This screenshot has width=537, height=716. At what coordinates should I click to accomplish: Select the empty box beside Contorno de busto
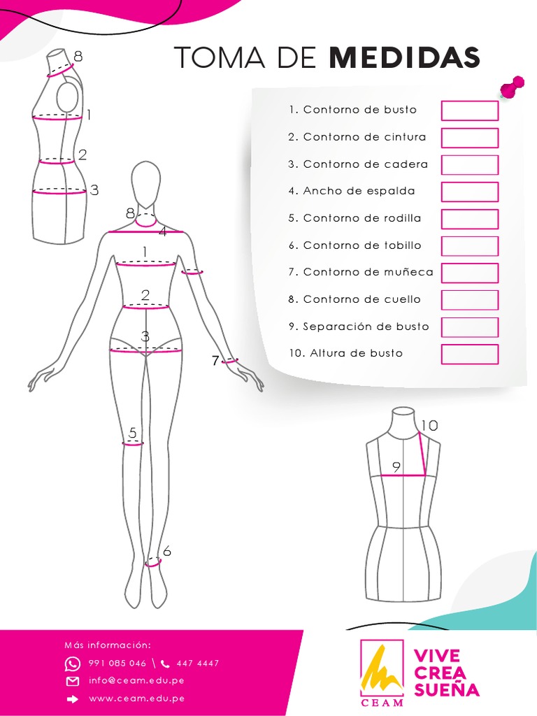pyautogui.click(x=469, y=110)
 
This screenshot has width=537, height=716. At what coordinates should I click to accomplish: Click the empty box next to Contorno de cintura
pyautogui.click(x=469, y=138)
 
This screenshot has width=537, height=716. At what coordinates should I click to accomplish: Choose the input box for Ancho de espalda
pyautogui.click(x=469, y=192)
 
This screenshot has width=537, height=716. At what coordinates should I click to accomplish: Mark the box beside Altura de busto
pyautogui.click(x=469, y=354)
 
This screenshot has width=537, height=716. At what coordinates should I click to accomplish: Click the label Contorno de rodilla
pyautogui.click(x=361, y=218)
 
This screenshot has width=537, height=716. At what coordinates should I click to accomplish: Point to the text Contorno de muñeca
pyautogui.click(x=368, y=272)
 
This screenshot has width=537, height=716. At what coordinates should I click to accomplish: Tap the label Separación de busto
pyautogui.click(x=366, y=327)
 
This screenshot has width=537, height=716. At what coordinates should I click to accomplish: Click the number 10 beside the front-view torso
pyautogui.click(x=429, y=425)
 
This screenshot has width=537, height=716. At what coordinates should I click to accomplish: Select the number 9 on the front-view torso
pyautogui.click(x=396, y=467)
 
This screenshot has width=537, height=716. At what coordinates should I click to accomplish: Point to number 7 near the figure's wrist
pyautogui.click(x=215, y=361)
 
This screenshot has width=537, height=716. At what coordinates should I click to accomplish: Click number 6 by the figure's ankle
pyautogui.click(x=167, y=552)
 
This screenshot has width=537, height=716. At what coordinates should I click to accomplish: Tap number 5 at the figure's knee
pyautogui.click(x=133, y=433)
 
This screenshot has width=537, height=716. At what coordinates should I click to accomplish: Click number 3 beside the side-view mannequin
pyautogui.click(x=94, y=189)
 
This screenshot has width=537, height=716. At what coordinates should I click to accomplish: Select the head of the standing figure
pyautogui.click(x=145, y=183)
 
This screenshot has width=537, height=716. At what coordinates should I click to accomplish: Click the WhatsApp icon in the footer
pyautogui.click(x=73, y=664)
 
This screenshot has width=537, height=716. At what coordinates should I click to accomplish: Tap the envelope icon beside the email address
pyautogui.click(x=73, y=681)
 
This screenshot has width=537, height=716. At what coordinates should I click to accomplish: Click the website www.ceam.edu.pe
pyautogui.click(x=136, y=698)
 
